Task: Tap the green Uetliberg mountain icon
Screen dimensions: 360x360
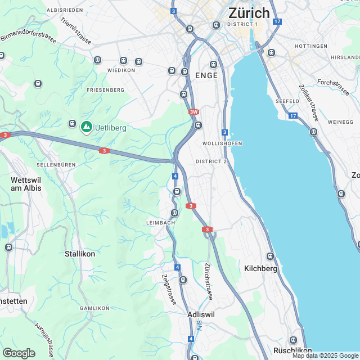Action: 86,127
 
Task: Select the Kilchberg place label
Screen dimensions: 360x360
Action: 261,269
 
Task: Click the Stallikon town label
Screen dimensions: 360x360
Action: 80,254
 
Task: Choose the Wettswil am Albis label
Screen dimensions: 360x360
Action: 26,184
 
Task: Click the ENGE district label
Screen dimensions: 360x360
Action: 206,75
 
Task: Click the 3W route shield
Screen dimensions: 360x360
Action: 194,112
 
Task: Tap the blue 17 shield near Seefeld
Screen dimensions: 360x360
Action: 292,115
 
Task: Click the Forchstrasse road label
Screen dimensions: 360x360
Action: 333,84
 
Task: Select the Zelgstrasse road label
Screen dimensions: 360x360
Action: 169,289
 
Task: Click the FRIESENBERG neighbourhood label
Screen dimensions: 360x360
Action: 105,90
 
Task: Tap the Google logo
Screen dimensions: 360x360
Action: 19,353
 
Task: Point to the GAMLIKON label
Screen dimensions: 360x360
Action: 94,308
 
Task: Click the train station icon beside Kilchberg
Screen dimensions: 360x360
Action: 270,256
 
